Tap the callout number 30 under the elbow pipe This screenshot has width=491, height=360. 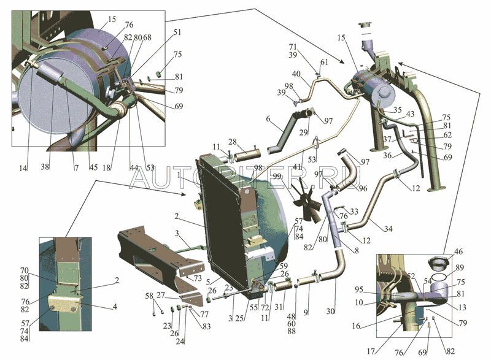331,312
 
